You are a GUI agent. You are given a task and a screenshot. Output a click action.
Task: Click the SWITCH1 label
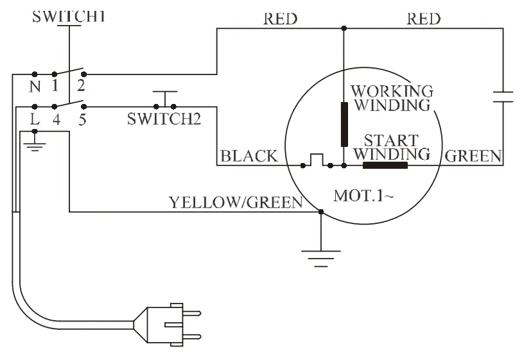coord(69,17)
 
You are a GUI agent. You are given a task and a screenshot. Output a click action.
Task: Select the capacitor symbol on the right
coord(502,97)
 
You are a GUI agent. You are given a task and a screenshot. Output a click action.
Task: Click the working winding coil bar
coord(344,123)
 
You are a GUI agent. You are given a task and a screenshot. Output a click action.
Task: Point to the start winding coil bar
coord(385,166)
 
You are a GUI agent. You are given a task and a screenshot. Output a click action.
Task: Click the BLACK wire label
coord(249,156)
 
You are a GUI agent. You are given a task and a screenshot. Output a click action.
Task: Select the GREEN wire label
coord(474,156)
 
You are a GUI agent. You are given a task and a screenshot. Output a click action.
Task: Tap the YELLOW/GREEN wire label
coord(236,203)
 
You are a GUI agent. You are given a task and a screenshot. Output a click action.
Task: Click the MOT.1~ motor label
coord(363,195)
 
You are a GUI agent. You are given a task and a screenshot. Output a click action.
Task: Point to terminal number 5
coord(82,119)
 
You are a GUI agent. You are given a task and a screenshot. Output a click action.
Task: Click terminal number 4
coord(56,119)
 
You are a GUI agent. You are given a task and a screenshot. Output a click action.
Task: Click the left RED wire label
coord(281,19)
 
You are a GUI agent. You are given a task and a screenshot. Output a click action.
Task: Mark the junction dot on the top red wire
coord(344,28)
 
